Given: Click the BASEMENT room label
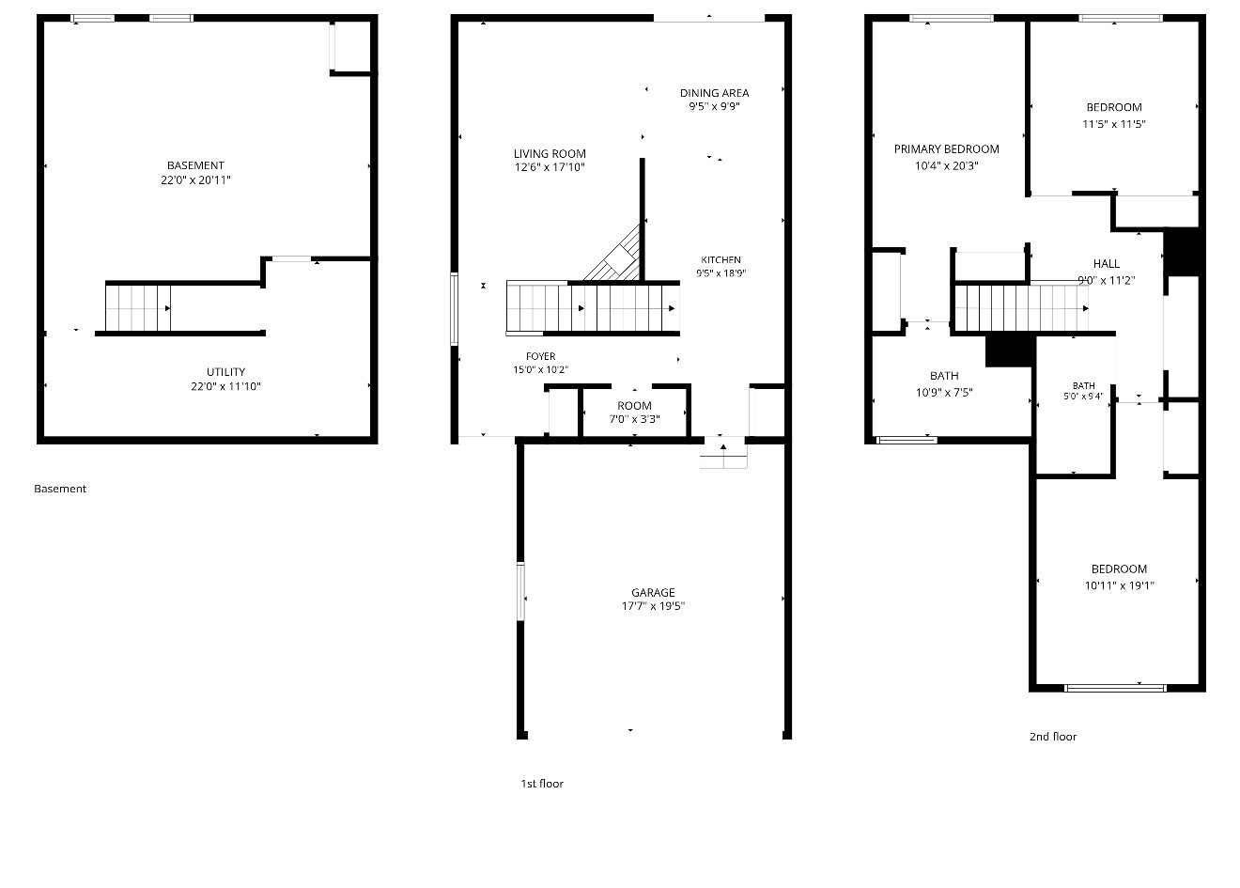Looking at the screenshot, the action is (x=195, y=165).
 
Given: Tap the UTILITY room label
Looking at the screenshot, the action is (x=225, y=372).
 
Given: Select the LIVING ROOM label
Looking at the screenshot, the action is (x=550, y=154).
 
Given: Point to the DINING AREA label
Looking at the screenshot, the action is (x=714, y=93).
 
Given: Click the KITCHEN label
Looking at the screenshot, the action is (x=721, y=259).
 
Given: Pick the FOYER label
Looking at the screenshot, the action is (x=541, y=356).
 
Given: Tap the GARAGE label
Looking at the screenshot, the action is (x=653, y=592).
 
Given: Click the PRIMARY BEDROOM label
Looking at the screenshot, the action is (x=947, y=148).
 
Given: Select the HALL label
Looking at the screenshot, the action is (x=1106, y=264).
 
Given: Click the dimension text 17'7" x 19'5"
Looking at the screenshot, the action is (x=653, y=606).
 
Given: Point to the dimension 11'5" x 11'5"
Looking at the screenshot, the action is (x=1114, y=124).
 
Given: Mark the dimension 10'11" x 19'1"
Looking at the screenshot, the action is (x=1119, y=585).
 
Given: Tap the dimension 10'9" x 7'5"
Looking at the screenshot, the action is (x=944, y=393).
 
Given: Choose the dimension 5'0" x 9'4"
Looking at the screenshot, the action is (x=1083, y=397).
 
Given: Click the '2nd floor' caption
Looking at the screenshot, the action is (x=1053, y=737).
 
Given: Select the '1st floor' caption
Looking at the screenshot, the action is (x=542, y=784).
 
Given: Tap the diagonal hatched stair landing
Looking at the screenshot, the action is (x=613, y=253).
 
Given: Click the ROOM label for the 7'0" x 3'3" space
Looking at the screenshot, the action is (x=634, y=406).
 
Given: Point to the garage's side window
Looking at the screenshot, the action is (x=520, y=591).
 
